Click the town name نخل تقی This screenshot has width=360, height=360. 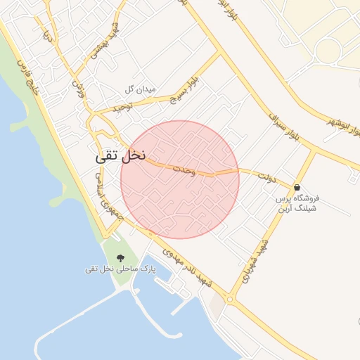click(120, 157)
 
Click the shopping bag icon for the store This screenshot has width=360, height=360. click(298, 188)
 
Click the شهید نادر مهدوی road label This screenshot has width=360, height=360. click(189, 268)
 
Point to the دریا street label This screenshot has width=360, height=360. click(48, 32)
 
